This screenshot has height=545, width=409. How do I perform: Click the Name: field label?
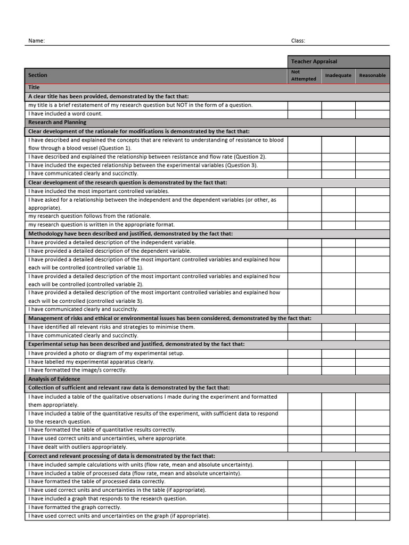(x=36, y=40)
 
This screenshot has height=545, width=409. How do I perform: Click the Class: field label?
(x=298, y=40)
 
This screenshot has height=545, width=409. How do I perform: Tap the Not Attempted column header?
(x=304, y=75)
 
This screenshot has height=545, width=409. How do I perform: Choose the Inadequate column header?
(x=338, y=75)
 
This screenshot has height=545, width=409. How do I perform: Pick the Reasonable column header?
(x=372, y=75)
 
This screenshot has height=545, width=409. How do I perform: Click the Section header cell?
(x=38, y=75)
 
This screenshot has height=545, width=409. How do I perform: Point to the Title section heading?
(x=34, y=87)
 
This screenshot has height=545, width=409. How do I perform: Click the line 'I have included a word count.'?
(x=65, y=113)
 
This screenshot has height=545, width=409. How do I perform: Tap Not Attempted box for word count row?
(x=304, y=113)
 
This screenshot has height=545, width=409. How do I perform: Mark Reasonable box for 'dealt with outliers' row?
(x=372, y=447)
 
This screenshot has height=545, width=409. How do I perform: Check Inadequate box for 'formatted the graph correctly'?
(x=338, y=507)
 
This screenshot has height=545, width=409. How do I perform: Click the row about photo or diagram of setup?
(x=106, y=353)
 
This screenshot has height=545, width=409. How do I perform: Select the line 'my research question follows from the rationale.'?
(x=89, y=216)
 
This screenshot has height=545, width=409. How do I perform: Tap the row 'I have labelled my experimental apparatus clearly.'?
(x=91, y=361)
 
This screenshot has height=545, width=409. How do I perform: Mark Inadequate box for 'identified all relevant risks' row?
(x=338, y=327)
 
